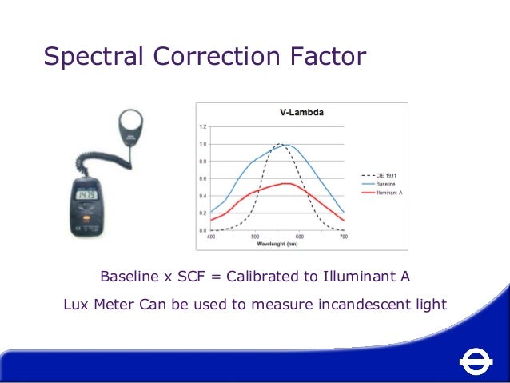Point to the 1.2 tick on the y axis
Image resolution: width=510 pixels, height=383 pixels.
click(x=202, y=126)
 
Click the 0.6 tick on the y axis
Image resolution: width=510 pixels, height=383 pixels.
click(x=202, y=178)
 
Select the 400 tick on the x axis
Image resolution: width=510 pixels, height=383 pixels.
click(x=211, y=237)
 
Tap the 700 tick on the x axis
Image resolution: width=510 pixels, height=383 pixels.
click(x=344, y=237)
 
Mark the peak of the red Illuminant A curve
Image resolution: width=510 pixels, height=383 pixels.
click(x=285, y=183)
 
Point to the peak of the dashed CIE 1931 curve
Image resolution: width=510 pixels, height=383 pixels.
click(x=280, y=145)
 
